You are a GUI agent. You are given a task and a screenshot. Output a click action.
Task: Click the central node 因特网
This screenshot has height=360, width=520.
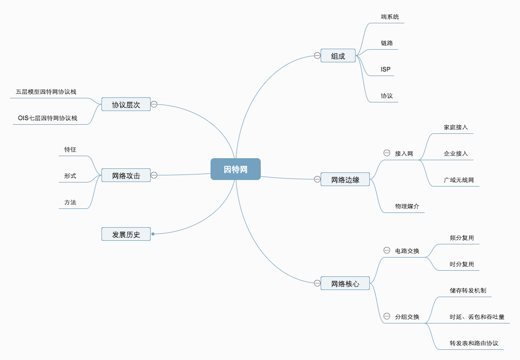[235, 169]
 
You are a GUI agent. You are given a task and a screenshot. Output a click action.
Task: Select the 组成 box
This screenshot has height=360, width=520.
[338, 56]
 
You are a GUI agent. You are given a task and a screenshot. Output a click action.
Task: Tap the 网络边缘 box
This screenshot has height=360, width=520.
[345, 179]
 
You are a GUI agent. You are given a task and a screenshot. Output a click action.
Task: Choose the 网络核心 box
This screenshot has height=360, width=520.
[345, 284]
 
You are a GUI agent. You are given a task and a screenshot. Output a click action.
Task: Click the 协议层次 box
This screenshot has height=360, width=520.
[126, 105]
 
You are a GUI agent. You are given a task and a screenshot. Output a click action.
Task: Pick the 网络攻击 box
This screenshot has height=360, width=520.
[126, 175]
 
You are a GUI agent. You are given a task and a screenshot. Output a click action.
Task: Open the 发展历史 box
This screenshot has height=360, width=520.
[126, 234]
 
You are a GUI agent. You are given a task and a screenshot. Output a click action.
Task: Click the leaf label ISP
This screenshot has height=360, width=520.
[386, 69]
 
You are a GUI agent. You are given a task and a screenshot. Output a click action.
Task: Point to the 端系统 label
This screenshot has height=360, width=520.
[390, 17]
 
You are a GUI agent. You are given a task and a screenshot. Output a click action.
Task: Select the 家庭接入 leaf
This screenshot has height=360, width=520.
[456, 127]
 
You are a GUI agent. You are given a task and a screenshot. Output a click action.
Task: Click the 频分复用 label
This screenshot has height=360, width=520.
[462, 238]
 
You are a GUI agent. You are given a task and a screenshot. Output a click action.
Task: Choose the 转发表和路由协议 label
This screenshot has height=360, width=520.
[474, 343]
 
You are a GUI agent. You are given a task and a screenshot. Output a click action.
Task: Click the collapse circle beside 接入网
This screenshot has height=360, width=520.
[387, 153]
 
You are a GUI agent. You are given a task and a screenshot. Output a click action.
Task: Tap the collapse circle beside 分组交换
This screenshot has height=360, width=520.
[387, 316]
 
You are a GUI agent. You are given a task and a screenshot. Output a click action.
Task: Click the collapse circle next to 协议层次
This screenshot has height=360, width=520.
[154, 104]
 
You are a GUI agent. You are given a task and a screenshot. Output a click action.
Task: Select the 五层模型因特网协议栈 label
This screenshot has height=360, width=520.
[46, 92]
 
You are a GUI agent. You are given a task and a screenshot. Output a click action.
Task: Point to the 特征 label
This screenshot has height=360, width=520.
[70, 150]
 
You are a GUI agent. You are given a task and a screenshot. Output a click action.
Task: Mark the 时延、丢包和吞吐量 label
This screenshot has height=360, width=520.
[477, 317]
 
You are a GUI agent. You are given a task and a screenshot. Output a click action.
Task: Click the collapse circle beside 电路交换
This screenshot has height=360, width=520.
[387, 250]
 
